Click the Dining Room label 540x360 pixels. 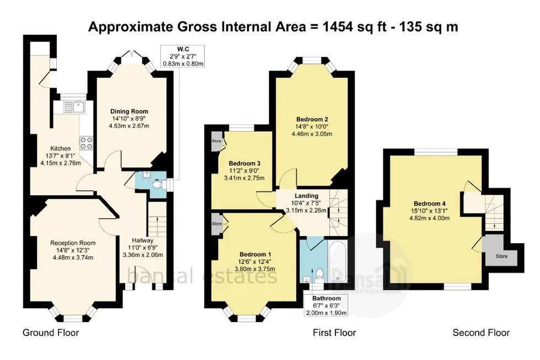(x=129, y=111)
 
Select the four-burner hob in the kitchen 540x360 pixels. (x=87, y=143)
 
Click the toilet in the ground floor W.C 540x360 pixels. (x=157, y=185)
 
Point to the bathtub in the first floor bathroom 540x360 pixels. (x=338, y=261)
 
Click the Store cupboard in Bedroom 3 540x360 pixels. (x=217, y=141)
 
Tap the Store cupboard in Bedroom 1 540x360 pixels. (x=217, y=224)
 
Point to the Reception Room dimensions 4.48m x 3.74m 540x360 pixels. (x=73, y=257)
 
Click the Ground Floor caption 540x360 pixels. (x=51, y=333)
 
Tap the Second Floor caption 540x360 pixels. (x=481, y=333)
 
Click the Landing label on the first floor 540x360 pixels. (x=307, y=196)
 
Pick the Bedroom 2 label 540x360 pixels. (x=312, y=120)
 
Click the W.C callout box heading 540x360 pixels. (x=183, y=49)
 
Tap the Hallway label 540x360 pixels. (x=142, y=240)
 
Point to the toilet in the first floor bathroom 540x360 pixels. (x=319, y=275)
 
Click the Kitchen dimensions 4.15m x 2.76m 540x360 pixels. (x=61, y=163)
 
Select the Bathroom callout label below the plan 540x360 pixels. (x=327, y=298)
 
